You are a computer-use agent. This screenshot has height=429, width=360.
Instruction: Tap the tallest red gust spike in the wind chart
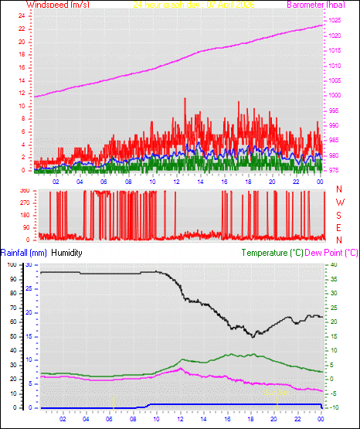pos(185,100)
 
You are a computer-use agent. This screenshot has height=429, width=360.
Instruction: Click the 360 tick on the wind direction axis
pos(23,190)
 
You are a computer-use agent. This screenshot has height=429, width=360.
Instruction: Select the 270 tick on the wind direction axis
pos(23,203)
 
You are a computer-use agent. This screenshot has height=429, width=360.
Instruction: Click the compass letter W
pos(340,203)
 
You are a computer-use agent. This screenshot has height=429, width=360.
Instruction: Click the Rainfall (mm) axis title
pos(23,253)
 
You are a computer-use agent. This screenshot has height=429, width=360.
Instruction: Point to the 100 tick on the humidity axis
pos(11,265)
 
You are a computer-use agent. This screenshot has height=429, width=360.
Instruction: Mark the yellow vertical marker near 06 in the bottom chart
pos(113,402)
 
